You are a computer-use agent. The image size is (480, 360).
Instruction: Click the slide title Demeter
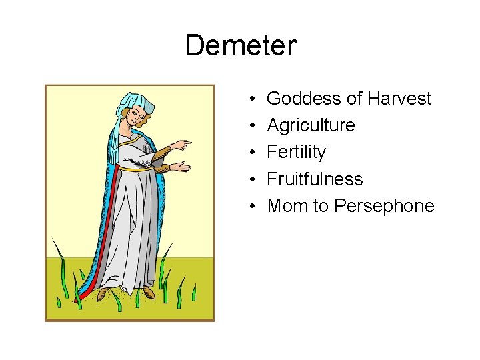pos(240,46)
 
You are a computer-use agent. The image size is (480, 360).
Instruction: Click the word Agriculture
pos(311,126)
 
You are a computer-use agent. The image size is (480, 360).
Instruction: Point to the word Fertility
pos(296,153)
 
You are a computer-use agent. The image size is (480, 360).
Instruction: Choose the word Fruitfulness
pos(315,179)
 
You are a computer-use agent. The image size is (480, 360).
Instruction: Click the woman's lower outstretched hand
pos(179,165)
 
